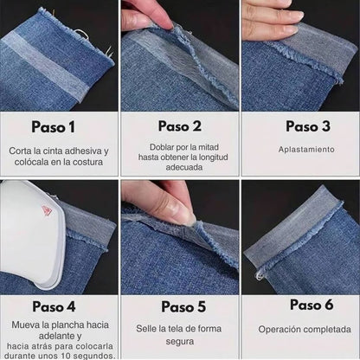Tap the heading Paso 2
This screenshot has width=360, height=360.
181,126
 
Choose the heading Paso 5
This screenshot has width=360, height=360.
181,306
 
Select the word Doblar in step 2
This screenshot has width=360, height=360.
152,148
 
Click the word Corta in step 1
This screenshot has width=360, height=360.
21,150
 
